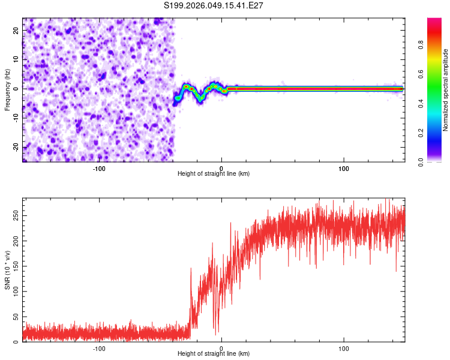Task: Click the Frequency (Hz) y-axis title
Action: (x=7, y=89)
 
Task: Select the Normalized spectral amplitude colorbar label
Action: (x=446, y=89)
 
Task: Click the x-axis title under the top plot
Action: (x=214, y=173)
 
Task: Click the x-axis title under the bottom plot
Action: (x=214, y=353)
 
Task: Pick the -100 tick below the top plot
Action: (x=99, y=169)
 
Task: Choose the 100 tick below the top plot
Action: (x=344, y=169)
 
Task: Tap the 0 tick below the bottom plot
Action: (x=221, y=349)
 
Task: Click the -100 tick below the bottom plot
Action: (x=99, y=349)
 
